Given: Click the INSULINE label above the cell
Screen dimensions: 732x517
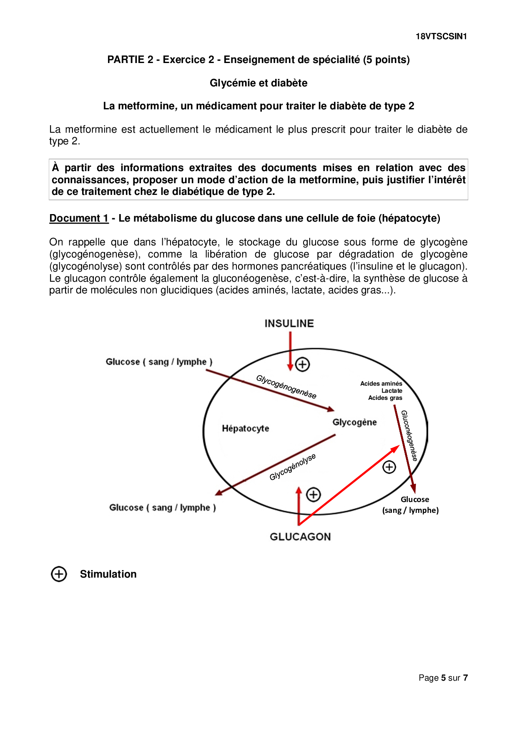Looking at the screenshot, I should coord(289,323).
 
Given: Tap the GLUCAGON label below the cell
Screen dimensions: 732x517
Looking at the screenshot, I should coord(300,537).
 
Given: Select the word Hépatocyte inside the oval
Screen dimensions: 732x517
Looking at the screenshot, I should coord(245,428).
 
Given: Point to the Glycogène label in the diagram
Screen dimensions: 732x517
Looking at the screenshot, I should coord(354,422).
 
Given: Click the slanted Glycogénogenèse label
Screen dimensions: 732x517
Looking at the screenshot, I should coord(286,387).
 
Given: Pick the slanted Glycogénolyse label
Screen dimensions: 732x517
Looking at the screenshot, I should coord(293,467).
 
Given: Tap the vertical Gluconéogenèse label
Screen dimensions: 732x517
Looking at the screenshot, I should coord(409,435).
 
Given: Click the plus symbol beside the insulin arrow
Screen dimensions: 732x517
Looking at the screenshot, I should coord(302,364).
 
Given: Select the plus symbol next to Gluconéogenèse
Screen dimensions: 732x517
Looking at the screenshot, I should coord(389,467).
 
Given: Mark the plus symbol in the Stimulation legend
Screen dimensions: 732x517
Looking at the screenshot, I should coord(59,574).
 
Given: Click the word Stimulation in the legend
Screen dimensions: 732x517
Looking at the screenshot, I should coord(108,574).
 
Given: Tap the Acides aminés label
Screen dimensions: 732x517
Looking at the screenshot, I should coord(381,384).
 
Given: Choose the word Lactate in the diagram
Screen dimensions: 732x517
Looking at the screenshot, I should coord(392,391).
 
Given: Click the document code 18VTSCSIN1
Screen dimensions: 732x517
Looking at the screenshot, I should coord(441,36).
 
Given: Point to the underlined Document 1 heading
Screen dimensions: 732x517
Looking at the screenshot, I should coord(79,218).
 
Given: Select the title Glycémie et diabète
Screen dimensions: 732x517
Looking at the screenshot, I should coord(258,83).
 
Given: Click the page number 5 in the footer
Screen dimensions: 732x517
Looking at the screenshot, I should coord(443,678).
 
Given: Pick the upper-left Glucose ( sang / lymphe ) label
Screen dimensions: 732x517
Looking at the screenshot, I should coord(159,362).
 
